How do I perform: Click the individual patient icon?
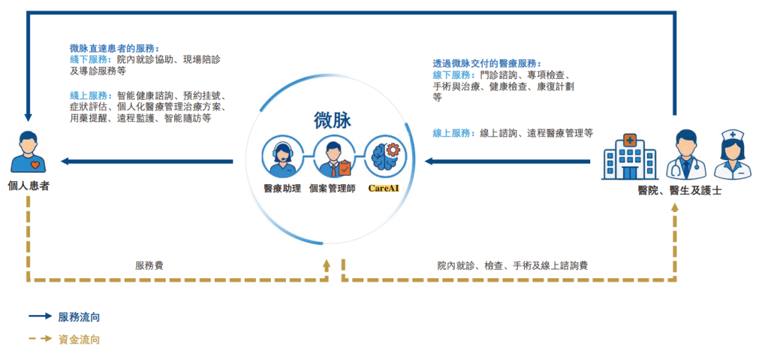[x=28, y=152]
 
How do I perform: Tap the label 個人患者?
[x=28, y=186]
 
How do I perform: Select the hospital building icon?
[x=629, y=155]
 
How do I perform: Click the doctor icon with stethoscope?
[x=685, y=154]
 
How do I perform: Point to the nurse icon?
[x=732, y=154]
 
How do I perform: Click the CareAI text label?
[x=384, y=188]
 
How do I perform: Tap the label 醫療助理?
[x=282, y=188]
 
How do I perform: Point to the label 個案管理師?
[x=333, y=188]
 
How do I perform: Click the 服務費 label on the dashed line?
[x=149, y=265]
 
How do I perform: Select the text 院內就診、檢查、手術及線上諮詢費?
[x=513, y=265]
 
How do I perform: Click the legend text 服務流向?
[x=79, y=317]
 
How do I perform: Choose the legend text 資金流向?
[x=79, y=339]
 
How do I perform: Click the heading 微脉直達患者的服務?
[x=113, y=48]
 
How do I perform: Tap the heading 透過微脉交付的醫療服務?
[x=486, y=63]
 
